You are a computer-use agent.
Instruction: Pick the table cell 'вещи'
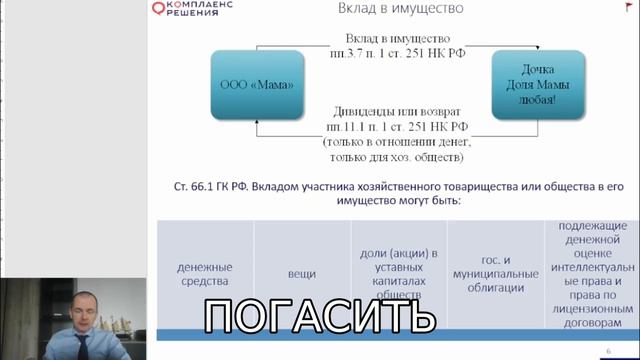point(301,273)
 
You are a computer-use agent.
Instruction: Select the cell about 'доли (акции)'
point(398,273)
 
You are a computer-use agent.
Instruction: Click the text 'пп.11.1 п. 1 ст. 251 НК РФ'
point(397,128)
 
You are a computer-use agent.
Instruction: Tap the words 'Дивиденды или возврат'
point(397,113)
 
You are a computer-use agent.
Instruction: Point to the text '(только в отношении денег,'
point(397,143)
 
